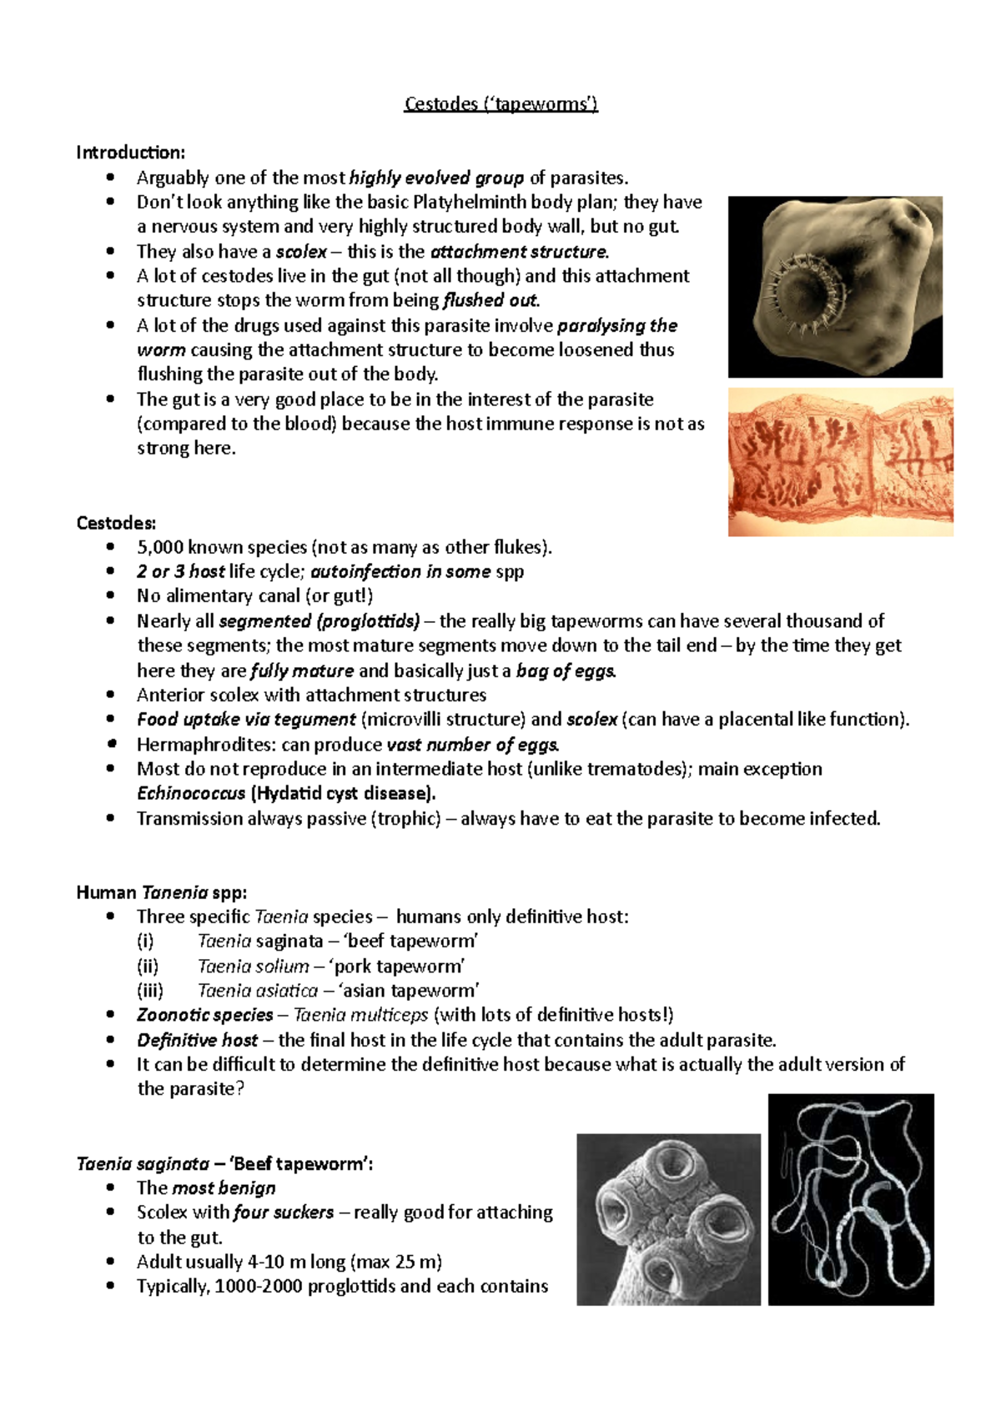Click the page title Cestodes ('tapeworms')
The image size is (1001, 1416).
tap(500, 104)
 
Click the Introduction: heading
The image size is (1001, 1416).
tap(131, 153)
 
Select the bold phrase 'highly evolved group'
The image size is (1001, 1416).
tap(436, 178)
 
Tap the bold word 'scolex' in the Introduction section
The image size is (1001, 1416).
tap(301, 252)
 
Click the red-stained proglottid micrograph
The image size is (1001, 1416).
tap(840, 462)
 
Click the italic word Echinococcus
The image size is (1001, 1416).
tap(191, 793)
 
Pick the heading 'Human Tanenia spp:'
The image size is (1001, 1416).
tap(161, 892)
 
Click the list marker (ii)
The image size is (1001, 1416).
tap(148, 966)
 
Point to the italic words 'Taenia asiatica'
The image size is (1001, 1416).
tap(257, 991)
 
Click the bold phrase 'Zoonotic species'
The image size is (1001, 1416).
tap(205, 1015)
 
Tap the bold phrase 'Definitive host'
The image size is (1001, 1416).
tap(198, 1040)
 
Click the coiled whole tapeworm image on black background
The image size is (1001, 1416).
tap(851, 1199)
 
